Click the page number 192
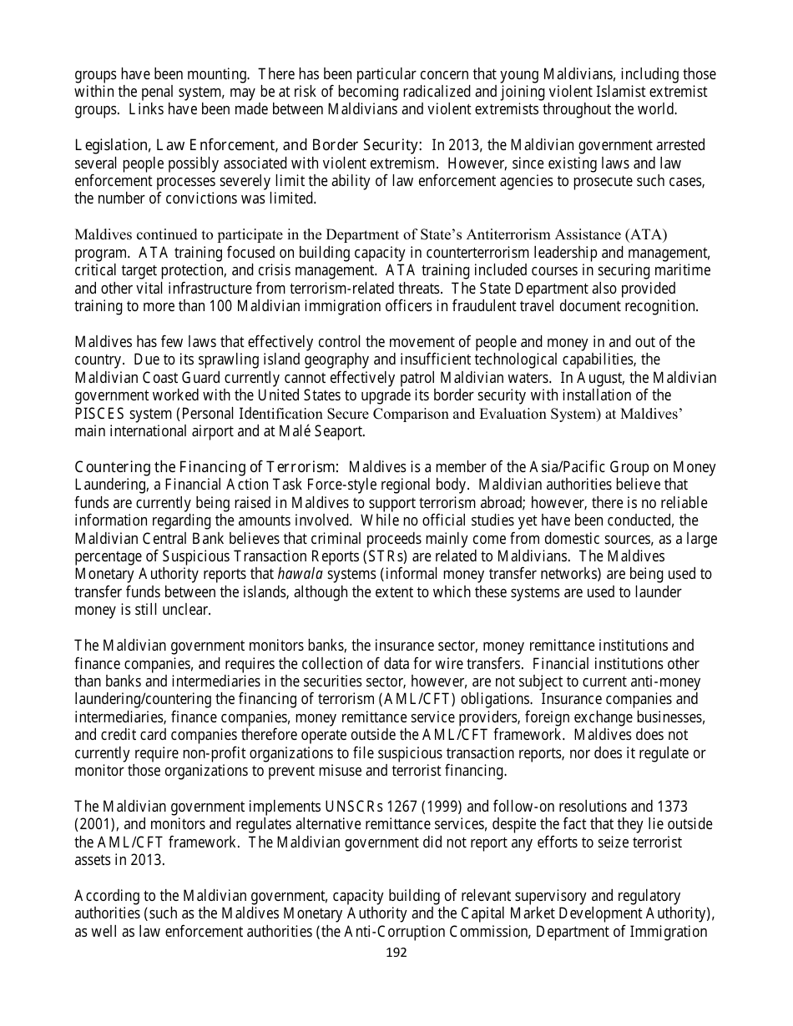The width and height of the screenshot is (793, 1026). click(397, 953)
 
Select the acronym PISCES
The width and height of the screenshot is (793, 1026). click(97, 414)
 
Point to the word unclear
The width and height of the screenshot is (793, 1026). click(189, 610)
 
